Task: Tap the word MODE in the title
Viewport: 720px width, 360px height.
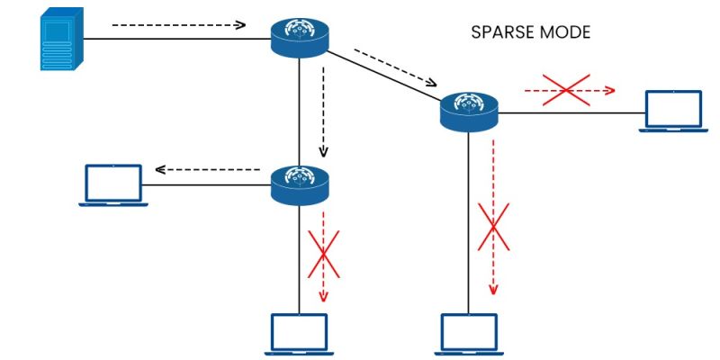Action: coord(568,32)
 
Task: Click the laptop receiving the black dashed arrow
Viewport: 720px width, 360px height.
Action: coord(112,184)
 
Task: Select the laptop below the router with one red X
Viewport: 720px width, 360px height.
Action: coord(300,334)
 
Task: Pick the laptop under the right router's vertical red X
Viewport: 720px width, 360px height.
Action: coord(468,334)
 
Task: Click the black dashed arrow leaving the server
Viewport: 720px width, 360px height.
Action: coord(178,25)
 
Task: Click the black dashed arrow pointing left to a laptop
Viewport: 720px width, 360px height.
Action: coord(209,169)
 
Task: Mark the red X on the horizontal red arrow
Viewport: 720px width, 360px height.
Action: coord(565,90)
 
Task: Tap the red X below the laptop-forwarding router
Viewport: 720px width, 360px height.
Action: coord(323,255)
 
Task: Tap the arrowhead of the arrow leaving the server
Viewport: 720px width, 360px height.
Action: coord(240,25)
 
